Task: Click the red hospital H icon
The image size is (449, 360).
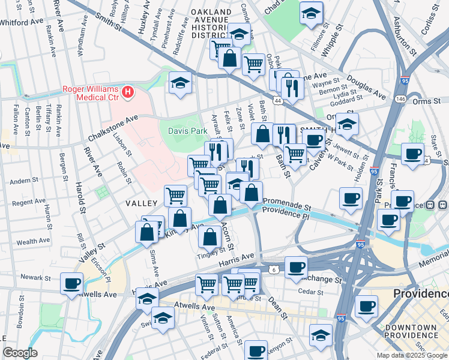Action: [x=127, y=92]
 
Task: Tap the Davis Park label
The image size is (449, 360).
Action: [x=183, y=127]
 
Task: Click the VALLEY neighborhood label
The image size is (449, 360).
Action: [x=141, y=204]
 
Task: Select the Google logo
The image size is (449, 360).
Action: [x=20, y=353]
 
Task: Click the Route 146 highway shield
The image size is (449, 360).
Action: [x=399, y=99]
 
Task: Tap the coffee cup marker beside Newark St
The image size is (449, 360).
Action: [x=72, y=283]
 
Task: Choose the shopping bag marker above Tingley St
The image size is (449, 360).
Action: [x=209, y=238]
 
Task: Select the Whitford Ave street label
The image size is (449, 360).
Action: [x=22, y=21]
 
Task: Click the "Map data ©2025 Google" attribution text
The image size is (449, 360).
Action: [x=411, y=355]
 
